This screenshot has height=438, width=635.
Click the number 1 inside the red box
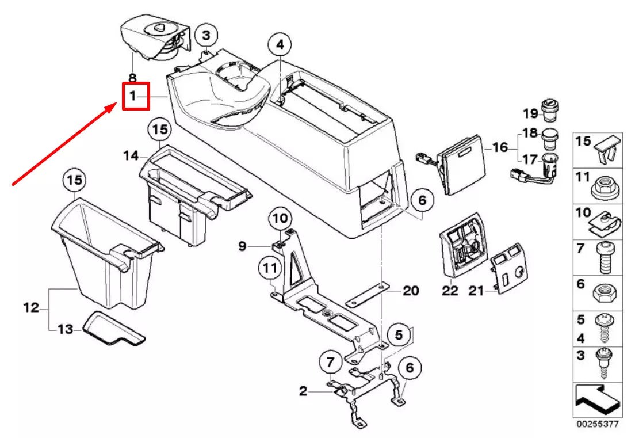click(133, 96)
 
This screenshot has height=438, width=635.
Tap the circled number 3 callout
click(206, 36)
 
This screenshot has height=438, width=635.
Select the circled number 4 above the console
click(280, 44)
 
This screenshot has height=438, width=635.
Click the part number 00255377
click(599, 424)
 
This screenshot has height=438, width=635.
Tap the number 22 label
click(450, 291)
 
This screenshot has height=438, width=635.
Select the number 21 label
click(476, 291)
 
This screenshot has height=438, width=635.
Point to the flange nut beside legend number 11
click(605, 186)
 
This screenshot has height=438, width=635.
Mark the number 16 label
click(500, 147)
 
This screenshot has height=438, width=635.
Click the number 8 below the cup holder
click(132, 77)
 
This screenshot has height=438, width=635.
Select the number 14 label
click(131, 155)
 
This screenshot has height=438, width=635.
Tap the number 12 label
click(31, 308)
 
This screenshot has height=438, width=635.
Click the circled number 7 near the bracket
click(330, 363)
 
